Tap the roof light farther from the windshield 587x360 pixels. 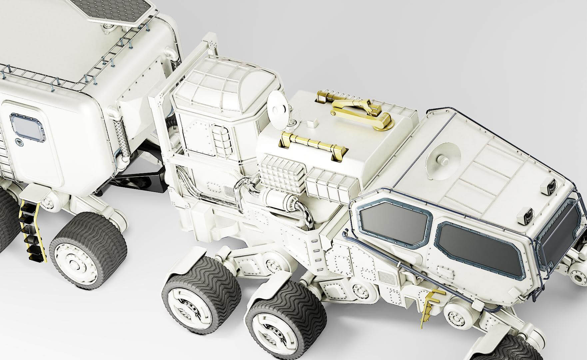(551, 184)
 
